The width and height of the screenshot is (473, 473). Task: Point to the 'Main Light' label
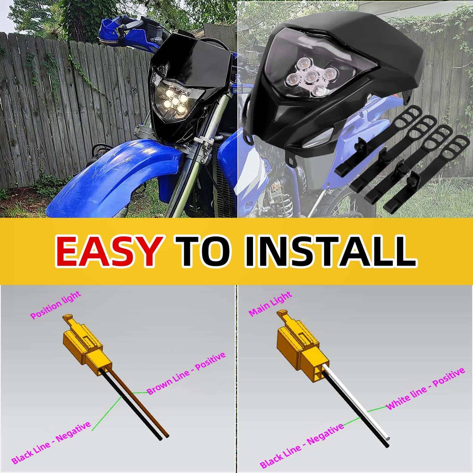coord(270,304)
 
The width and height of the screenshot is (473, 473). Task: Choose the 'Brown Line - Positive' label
coord(187,373)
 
